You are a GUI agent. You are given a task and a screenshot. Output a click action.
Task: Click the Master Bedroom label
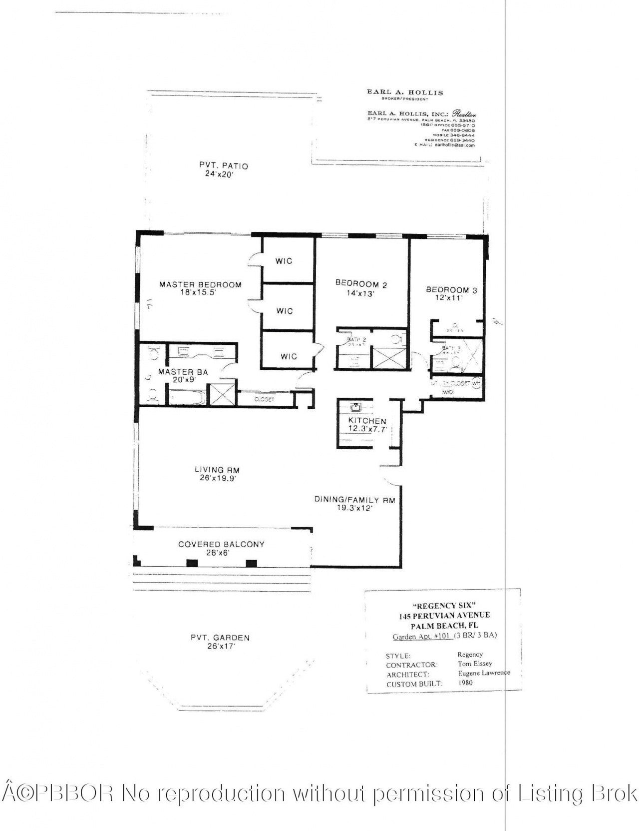pyautogui.click(x=200, y=285)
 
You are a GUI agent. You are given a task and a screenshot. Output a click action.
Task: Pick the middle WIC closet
pyautogui.click(x=285, y=311)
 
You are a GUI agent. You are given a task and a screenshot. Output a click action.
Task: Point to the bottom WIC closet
pyautogui.click(x=288, y=356)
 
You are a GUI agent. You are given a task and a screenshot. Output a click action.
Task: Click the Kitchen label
pyautogui.click(x=367, y=421)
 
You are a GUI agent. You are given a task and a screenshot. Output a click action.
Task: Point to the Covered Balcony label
pyautogui.click(x=221, y=544)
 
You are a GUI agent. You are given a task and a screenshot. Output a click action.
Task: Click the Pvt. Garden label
pyautogui.click(x=220, y=638)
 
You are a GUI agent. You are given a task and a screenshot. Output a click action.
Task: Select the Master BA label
pyautogui.click(x=183, y=372)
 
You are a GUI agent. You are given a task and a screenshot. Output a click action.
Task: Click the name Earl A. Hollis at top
pyautogui.click(x=404, y=92)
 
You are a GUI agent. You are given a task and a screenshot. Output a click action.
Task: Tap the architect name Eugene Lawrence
pyautogui.click(x=483, y=673)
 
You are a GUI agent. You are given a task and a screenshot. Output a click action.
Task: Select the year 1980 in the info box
pyautogui.click(x=465, y=683)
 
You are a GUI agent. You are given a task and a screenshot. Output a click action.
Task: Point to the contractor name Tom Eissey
pyautogui.click(x=474, y=664)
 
